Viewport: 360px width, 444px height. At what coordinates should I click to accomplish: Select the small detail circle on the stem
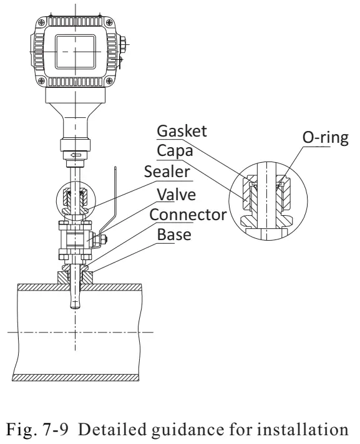(x=76, y=200)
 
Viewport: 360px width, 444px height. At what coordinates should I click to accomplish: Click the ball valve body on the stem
(x=78, y=238)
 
